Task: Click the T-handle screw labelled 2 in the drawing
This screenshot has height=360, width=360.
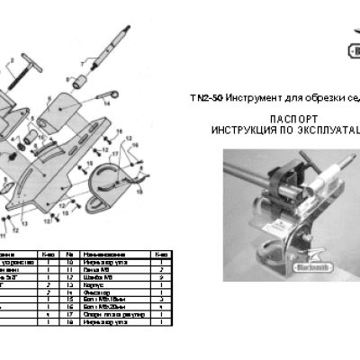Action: point(18,68)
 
